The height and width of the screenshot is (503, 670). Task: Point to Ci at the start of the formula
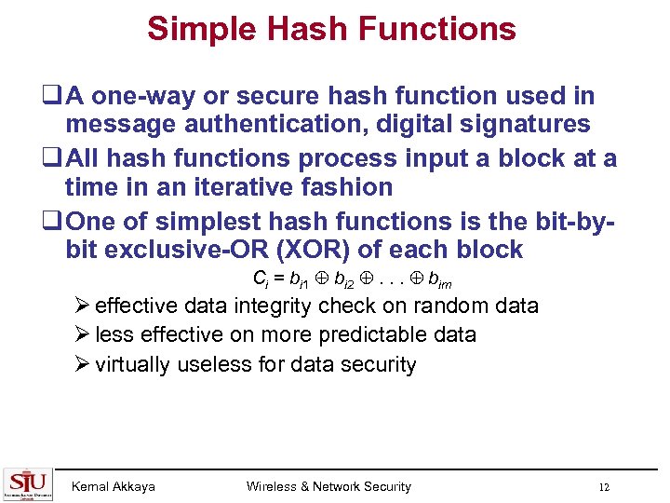coord(260,279)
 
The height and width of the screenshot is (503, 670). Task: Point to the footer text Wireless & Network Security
coord(328,486)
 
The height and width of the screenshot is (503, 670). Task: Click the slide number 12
coord(604,487)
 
